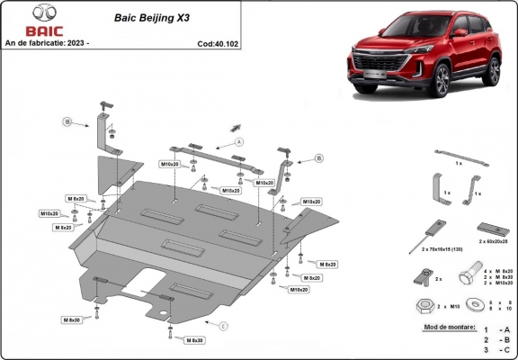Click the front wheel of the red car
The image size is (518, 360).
(442, 81)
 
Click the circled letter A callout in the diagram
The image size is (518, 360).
(239, 142)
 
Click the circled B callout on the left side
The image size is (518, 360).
(66, 121)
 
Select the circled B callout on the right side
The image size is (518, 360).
(319, 157)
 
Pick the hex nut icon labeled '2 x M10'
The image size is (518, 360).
(423, 307)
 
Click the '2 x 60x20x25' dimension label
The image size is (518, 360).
(493, 242)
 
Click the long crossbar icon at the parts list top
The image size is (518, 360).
(460, 157)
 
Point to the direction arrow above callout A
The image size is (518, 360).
(236, 127)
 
